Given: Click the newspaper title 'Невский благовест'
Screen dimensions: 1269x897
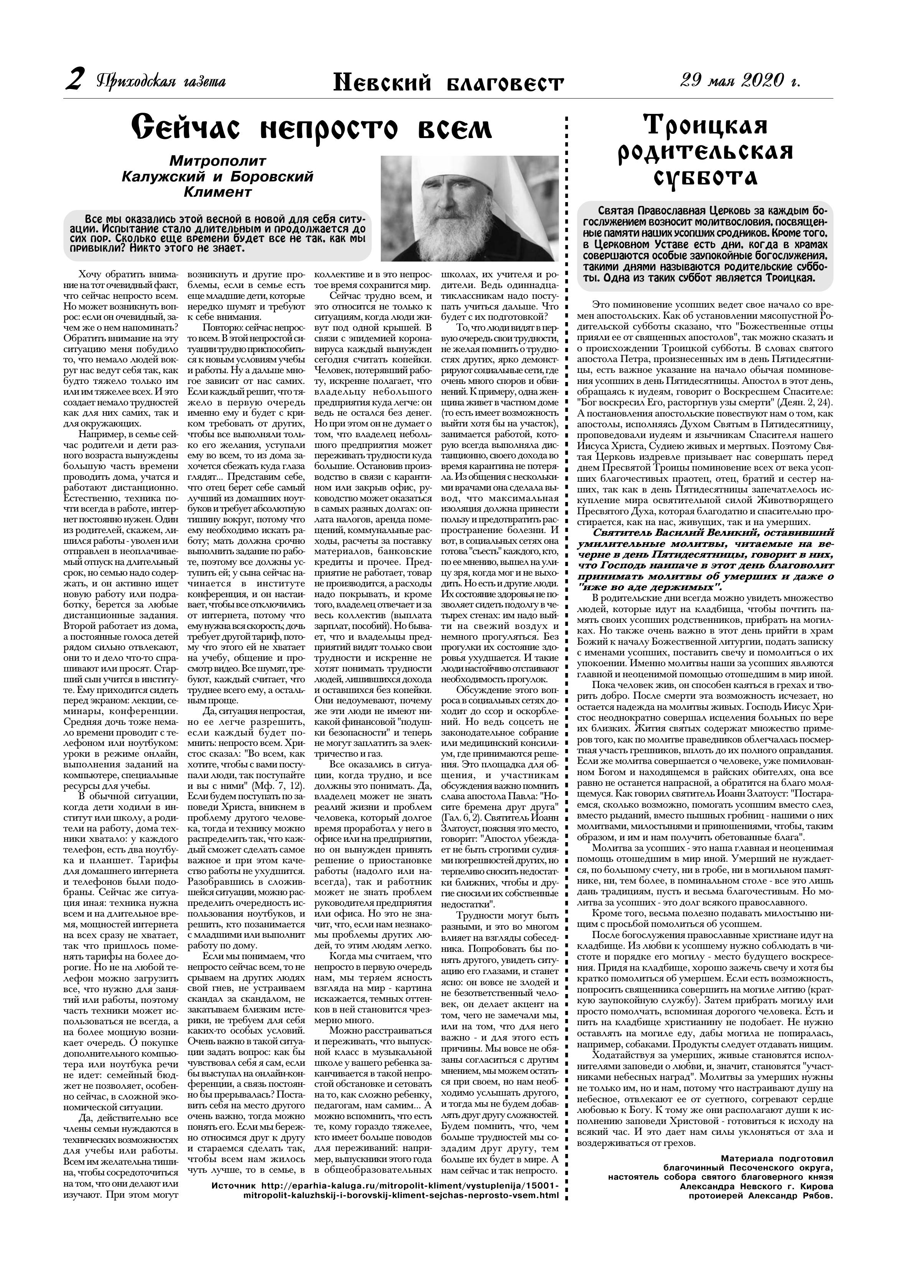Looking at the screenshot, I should coord(448,84).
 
